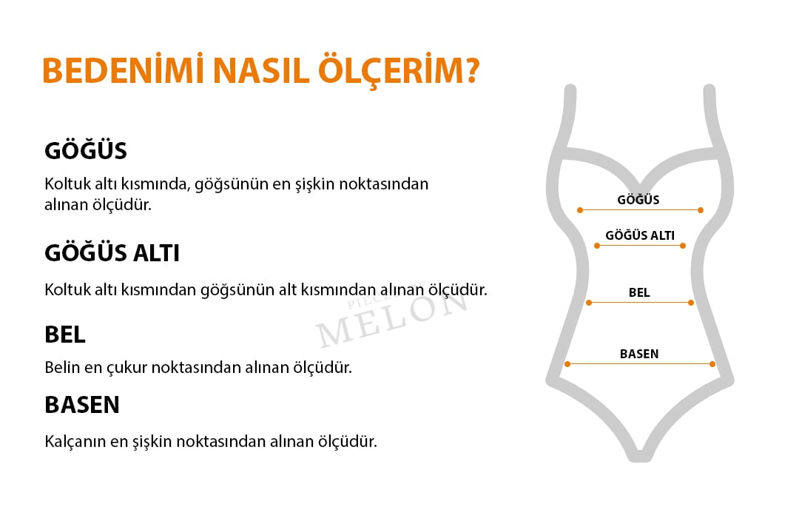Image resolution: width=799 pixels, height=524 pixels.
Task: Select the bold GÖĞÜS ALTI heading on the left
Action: pos(112,253)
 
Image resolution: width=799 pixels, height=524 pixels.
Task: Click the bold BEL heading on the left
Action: pos(64,335)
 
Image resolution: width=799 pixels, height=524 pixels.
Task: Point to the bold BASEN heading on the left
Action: pos(82,405)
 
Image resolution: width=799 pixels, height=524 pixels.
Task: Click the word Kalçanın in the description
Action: pos(75,441)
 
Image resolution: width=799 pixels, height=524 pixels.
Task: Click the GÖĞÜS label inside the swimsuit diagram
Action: pos(638,199)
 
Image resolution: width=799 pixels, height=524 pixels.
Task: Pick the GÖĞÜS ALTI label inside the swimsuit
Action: pos(639,235)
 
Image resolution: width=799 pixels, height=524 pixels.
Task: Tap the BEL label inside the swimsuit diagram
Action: pos(639,292)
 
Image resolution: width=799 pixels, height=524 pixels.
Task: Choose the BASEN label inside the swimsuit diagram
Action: pos(639,354)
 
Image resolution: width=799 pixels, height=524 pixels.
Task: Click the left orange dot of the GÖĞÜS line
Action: pos(580,210)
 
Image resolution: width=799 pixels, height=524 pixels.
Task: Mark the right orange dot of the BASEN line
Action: pos(712,364)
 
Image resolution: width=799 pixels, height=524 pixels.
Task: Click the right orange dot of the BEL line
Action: pos(691,303)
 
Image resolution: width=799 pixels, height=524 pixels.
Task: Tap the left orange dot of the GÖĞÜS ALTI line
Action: pos(597,246)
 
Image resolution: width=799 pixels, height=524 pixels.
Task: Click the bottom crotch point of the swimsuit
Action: pos(640,457)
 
